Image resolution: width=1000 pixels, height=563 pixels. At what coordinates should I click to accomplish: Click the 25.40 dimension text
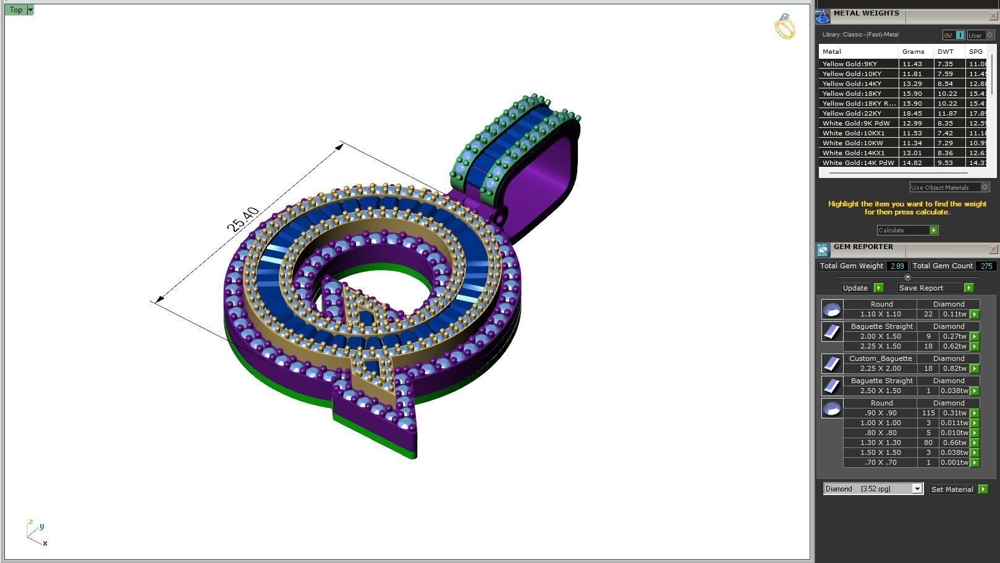(243, 220)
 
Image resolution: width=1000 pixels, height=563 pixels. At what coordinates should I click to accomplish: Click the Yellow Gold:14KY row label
(852, 84)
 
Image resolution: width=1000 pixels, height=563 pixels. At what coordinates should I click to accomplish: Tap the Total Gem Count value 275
(986, 266)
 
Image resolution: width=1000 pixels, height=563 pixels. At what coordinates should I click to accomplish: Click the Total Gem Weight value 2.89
(897, 266)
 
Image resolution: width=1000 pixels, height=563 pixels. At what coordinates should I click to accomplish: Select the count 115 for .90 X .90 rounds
(928, 413)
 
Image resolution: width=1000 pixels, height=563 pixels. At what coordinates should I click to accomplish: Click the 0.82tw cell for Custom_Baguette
(954, 369)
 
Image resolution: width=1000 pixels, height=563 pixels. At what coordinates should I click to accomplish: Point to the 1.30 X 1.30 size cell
(880, 443)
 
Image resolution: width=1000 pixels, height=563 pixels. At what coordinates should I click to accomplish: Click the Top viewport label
(15, 10)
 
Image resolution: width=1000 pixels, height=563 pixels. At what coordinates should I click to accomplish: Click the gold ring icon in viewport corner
(784, 27)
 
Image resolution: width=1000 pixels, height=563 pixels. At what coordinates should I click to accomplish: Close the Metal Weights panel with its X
(993, 16)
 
